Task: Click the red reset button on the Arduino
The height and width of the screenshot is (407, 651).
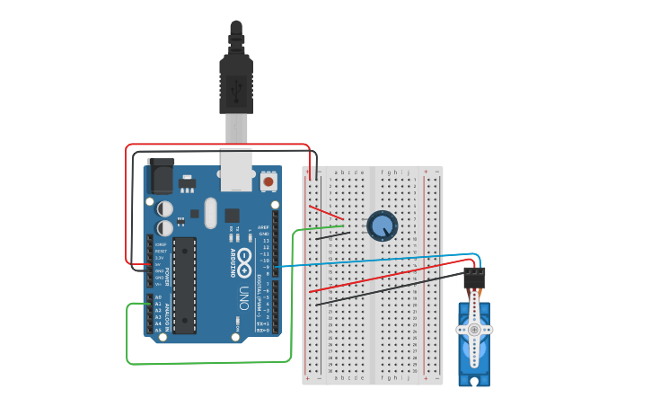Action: [x=268, y=181]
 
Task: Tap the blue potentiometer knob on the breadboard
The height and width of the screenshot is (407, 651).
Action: [x=382, y=226]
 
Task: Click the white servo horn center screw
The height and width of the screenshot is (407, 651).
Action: [x=473, y=330]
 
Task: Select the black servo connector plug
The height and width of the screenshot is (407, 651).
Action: [x=474, y=278]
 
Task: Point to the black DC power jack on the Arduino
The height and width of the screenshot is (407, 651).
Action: [x=161, y=176]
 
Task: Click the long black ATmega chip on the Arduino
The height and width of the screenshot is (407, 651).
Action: [x=184, y=285]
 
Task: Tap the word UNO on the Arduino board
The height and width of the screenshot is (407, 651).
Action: [x=242, y=299]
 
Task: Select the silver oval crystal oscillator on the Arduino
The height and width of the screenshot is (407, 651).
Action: [x=210, y=213]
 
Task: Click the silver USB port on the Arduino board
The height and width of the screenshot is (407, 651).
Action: [x=236, y=170]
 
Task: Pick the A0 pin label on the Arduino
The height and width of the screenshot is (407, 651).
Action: [x=158, y=297]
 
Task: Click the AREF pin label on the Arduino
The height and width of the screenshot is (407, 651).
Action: [x=263, y=228]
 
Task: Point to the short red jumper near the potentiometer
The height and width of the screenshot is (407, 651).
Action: [x=326, y=212]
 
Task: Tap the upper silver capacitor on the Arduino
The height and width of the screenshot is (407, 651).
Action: [x=165, y=208]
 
